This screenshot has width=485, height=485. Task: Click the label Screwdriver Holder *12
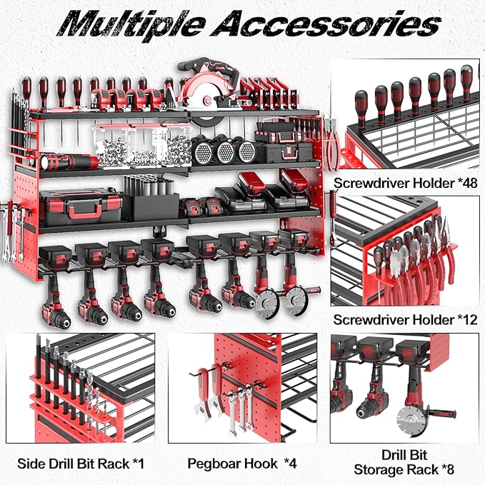click(405, 320)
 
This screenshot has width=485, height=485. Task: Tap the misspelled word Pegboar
click(214, 464)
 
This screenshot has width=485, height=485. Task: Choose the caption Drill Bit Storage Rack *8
click(404, 464)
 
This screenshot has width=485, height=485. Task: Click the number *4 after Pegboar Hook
click(289, 464)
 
